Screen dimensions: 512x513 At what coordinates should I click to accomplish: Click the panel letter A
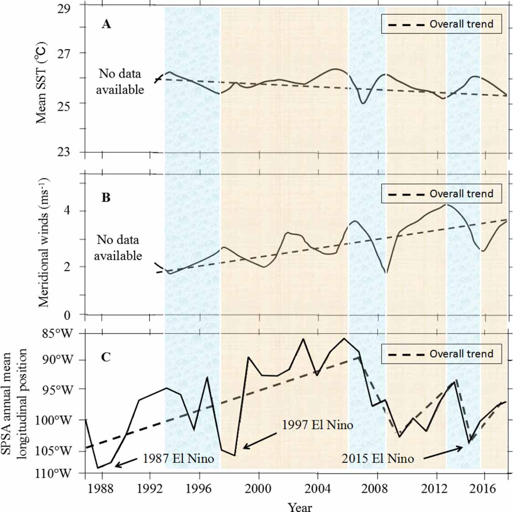[106, 24]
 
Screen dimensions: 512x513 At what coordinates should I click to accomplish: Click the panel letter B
[106, 198]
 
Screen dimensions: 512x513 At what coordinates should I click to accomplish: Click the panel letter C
[106, 357]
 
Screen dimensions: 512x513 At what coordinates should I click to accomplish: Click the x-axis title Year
[300, 506]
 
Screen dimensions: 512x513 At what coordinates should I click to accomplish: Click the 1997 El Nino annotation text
[317, 425]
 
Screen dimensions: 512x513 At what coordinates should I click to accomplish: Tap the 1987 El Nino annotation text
[178, 458]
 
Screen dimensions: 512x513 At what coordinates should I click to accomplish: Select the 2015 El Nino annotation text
[378, 458]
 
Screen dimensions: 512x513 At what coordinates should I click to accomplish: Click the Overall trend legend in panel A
[441, 24]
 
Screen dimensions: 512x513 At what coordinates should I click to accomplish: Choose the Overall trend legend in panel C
[441, 354]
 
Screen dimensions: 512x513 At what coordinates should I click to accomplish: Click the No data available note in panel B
[118, 248]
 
